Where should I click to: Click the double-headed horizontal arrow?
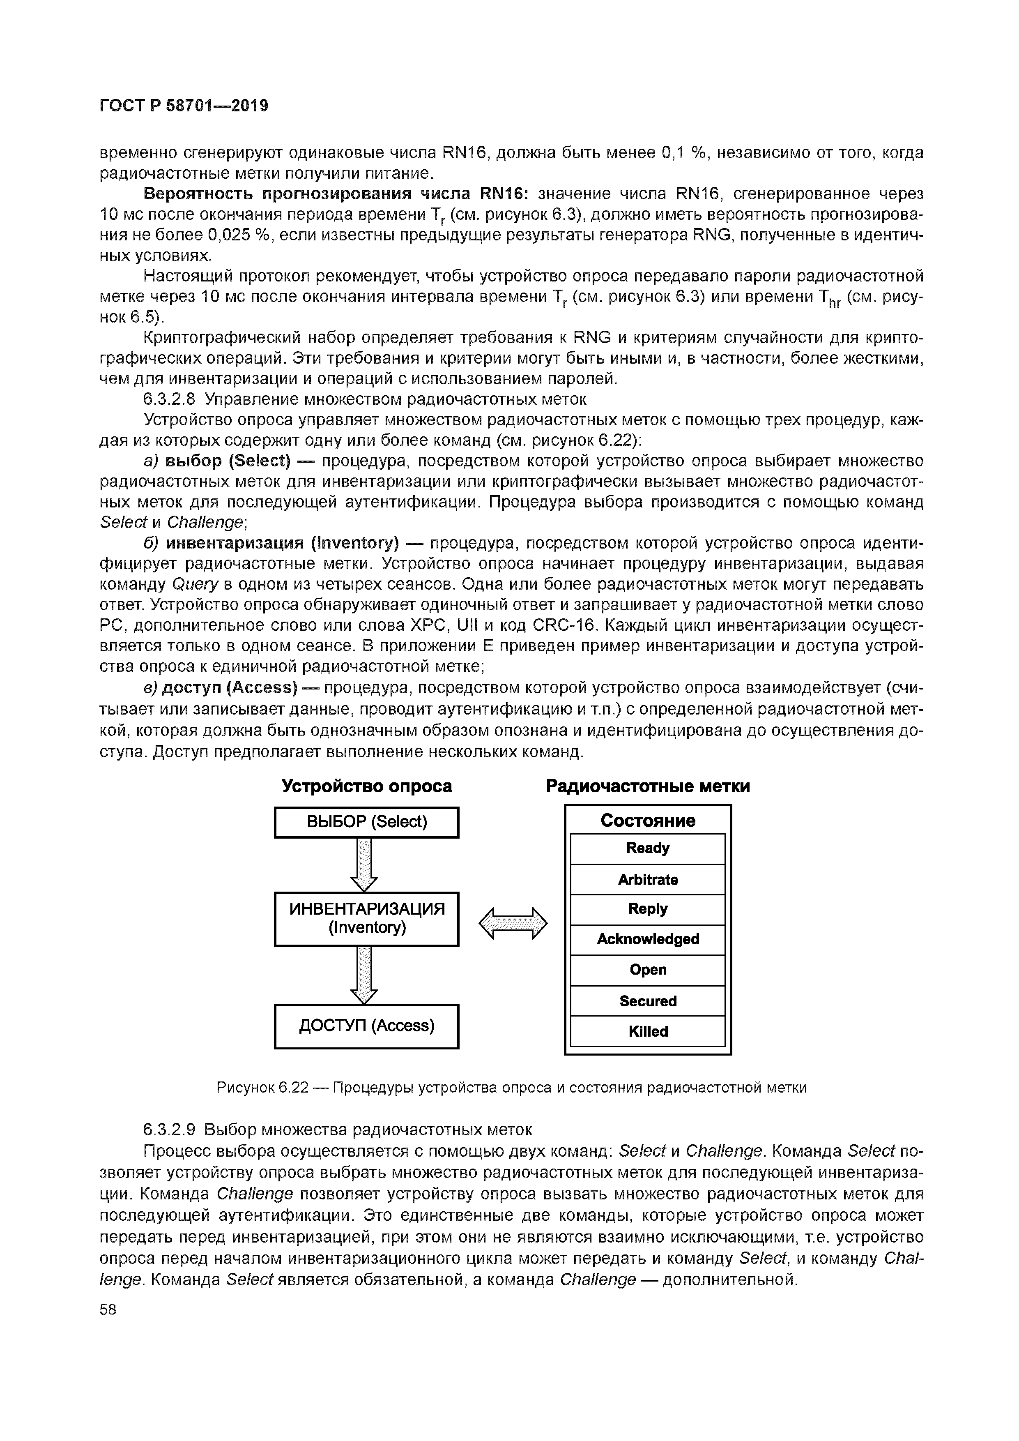point(513,923)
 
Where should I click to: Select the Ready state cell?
point(648,848)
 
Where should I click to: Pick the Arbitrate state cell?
point(648,879)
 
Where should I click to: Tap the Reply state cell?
point(648,909)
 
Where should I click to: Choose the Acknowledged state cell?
point(648,940)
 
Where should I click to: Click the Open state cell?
point(648,970)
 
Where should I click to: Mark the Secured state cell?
point(648,1001)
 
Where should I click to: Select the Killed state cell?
point(648,1031)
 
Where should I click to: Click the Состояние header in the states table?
point(648,820)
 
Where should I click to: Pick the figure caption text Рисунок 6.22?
point(263,1088)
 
